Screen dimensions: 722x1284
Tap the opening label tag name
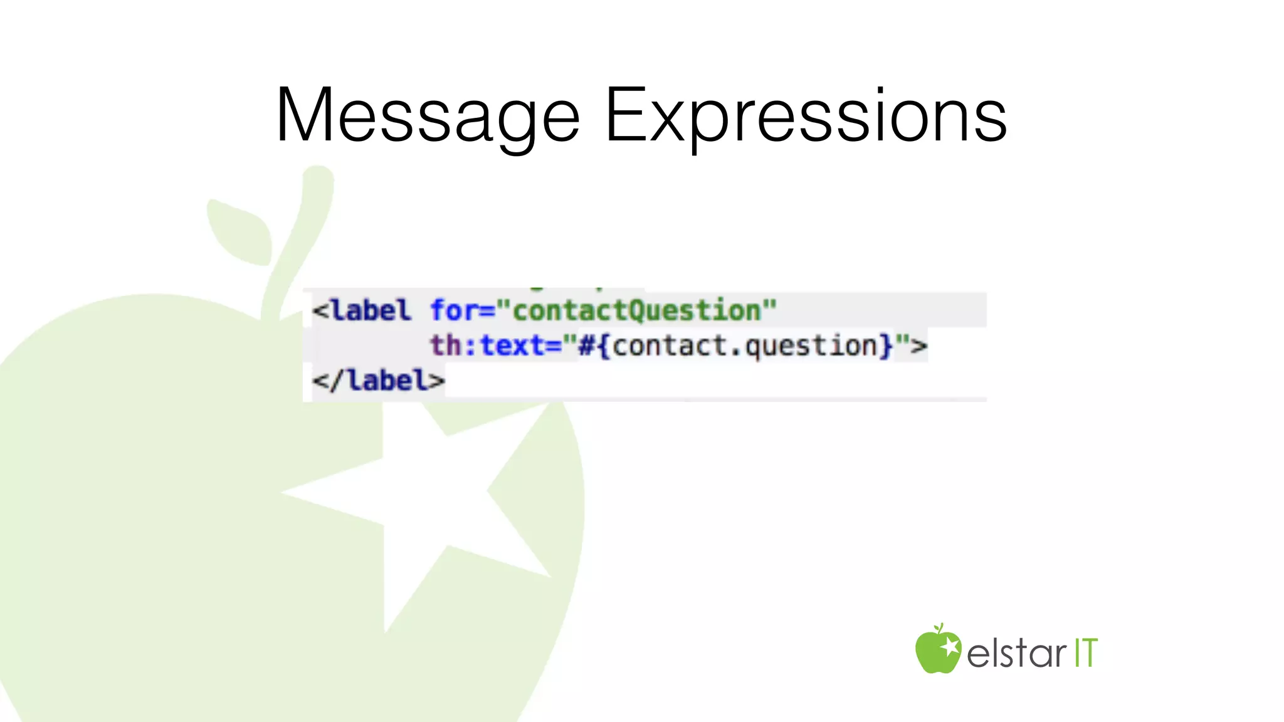[371, 310]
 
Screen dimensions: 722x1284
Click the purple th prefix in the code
[445, 345]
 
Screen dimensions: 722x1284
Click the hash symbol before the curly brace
[586, 345]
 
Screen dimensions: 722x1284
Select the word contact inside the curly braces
[668, 345]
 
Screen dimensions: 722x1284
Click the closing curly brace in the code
[886, 345]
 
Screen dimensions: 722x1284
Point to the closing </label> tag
[379, 380]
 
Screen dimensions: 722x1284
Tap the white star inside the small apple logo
[950, 645]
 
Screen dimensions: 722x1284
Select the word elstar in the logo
[1016, 653]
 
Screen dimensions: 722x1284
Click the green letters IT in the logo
[1086, 653]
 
